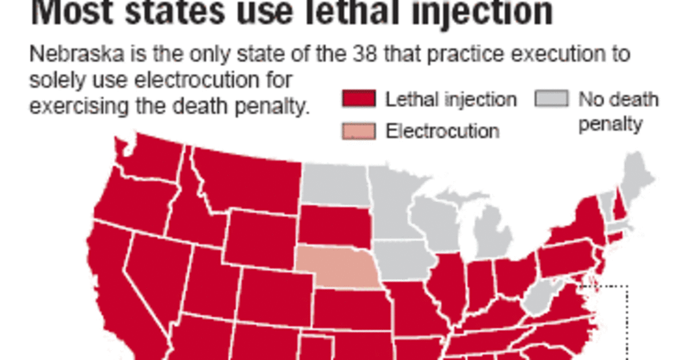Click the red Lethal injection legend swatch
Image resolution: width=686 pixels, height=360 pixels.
(x=359, y=100)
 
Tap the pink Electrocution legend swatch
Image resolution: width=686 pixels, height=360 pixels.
(x=359, y=131)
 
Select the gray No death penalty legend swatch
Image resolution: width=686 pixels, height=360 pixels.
(x=552, y=100)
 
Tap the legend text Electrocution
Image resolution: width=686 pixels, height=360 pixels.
(x=442, y=131)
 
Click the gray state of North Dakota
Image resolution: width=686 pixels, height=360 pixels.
(x=336, y=184)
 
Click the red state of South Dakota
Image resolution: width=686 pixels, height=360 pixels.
(x=334, y=226)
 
